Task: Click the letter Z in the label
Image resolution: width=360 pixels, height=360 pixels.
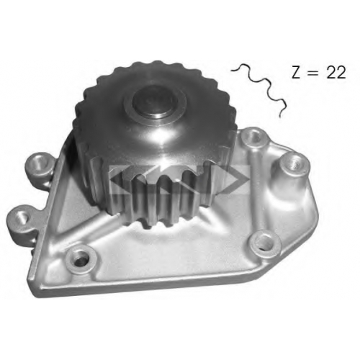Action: [297, 72]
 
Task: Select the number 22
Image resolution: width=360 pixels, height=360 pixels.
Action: [336, 72]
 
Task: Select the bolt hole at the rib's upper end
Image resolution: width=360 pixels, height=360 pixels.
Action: [254, 138]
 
